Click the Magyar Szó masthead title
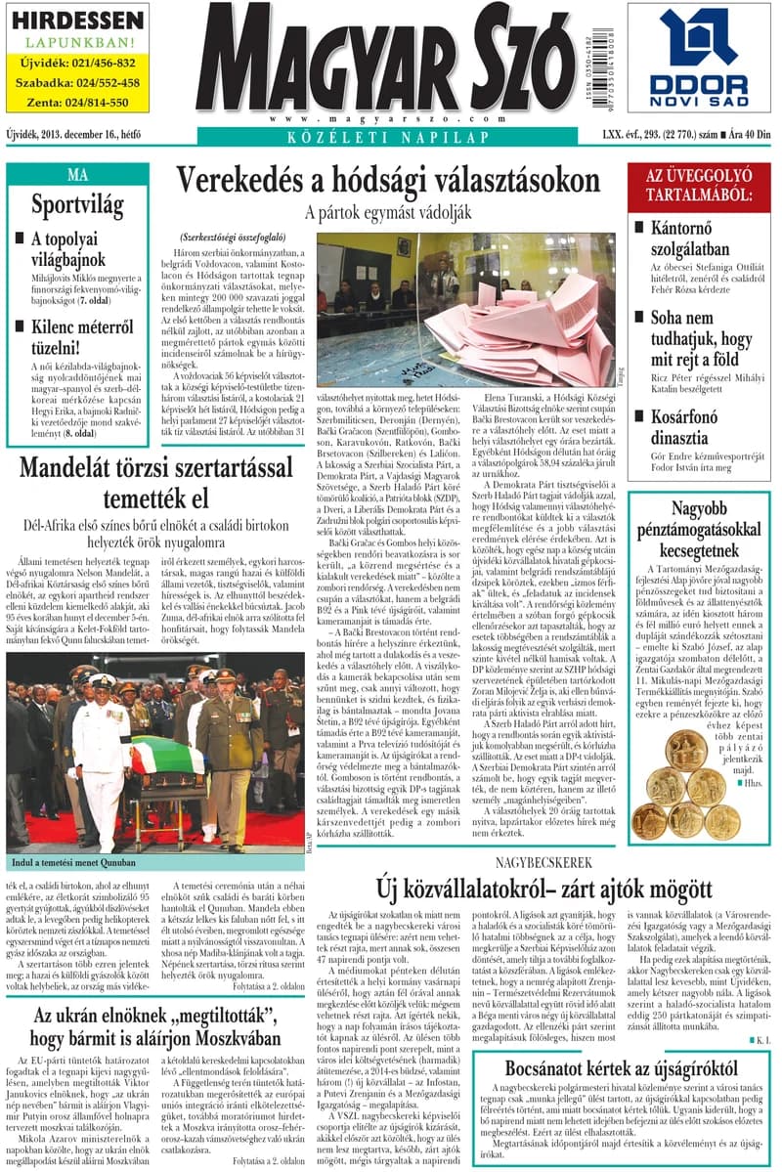389,62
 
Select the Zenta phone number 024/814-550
79,102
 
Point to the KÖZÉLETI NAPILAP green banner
388,137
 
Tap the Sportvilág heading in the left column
78,205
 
